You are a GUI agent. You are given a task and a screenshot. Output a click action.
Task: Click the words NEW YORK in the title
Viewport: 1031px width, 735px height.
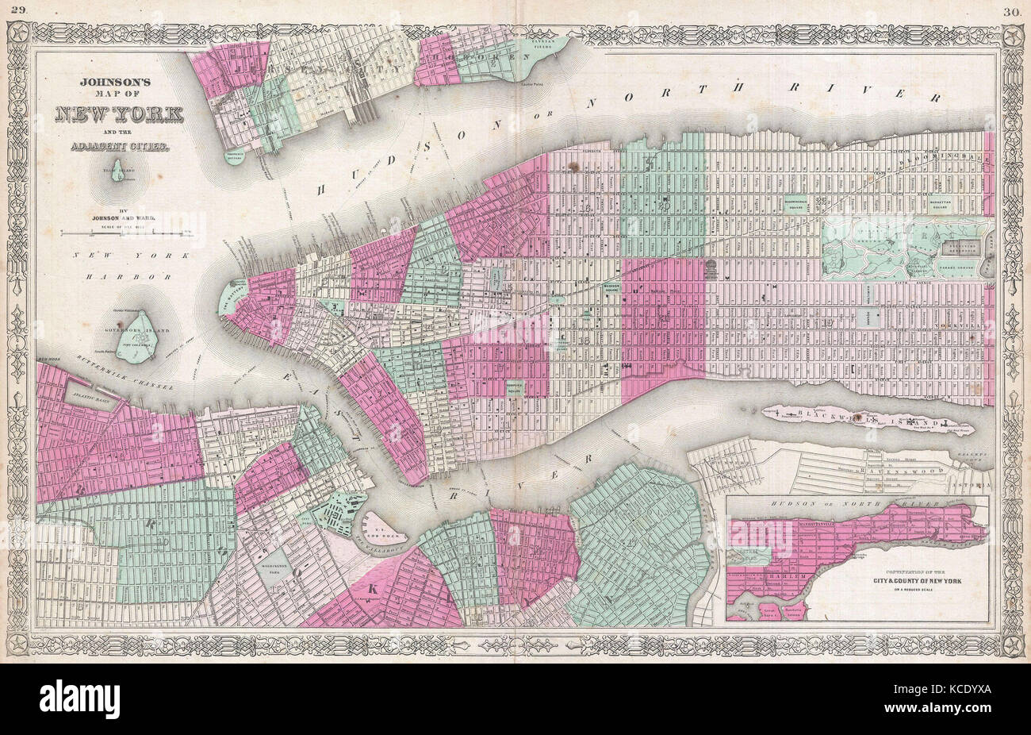119,113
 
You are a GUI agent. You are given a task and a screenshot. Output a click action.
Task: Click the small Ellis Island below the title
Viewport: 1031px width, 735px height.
118,172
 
